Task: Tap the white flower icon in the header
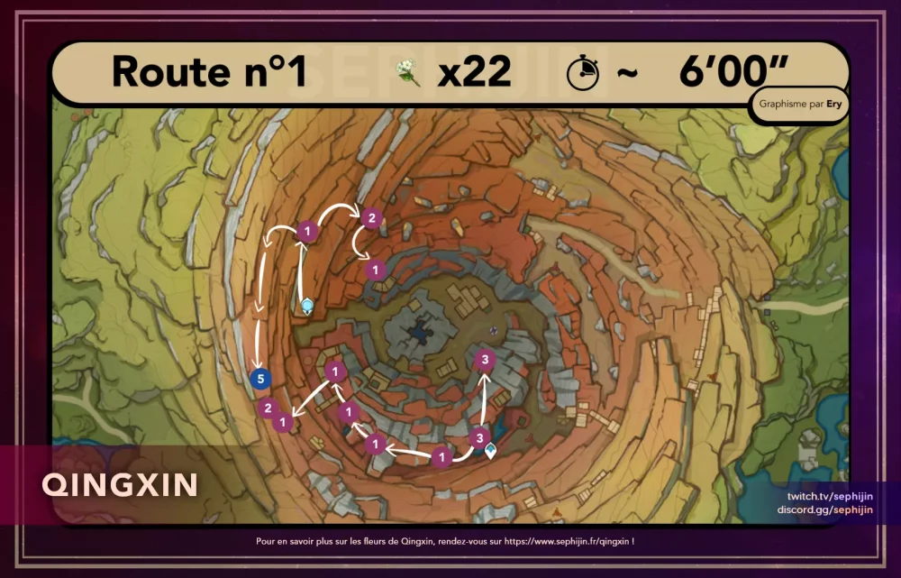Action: (409, 72)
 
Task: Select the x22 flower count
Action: (474, 72)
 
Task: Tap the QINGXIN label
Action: (120, 485)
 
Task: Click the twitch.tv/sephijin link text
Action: (830, 497)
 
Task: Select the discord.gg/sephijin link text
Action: (825, 509)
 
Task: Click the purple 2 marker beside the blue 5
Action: (267, 408)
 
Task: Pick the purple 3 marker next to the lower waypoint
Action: (478, 437)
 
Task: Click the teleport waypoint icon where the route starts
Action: (307, 306)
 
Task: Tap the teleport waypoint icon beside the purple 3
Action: (491, 449)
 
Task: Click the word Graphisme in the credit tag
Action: (784, 104)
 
